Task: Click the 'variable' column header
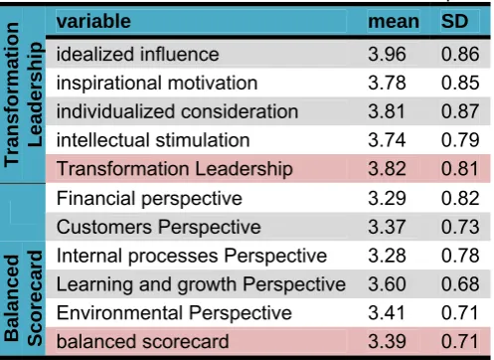[x=93, y=21]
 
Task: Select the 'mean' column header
[x=394, y=21]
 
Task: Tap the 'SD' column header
[x=454, y=21]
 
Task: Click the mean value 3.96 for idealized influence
[x=387, y=54]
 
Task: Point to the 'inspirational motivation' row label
[x=157, y=83]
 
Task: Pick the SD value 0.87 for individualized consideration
[x=460, y=111]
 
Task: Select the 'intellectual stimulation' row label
[x=153, y=140]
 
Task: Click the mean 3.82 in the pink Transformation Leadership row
[x=387, y=169]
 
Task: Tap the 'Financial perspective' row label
[x=149, y=199]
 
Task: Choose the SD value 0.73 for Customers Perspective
[x=460, y=227]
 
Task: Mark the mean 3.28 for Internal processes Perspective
[x=387, y=256]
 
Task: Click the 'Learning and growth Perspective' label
[x=201, y=284]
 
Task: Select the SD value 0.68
[x=460, y=284]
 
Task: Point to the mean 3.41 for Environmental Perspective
[x=387, y=313]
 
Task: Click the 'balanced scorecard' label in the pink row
[x=142, y=342]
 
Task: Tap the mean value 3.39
[x=387, y=342]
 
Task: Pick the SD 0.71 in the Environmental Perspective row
[x=459, y=313]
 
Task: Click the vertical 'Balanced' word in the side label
[x=12, y=298]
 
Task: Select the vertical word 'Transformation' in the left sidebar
[x=12, y=94]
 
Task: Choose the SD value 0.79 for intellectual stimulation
[x=460, y=140]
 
